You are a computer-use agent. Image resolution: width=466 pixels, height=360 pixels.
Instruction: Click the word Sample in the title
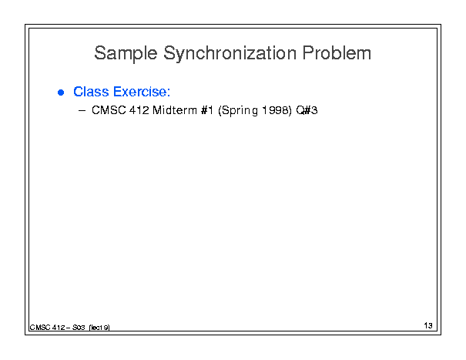126,53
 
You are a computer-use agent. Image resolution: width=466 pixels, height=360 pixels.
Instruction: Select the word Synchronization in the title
230,53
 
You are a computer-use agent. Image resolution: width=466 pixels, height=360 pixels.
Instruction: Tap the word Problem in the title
337,52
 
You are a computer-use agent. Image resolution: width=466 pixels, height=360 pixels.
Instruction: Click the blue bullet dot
61,93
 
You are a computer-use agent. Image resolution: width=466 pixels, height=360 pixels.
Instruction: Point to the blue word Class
91,92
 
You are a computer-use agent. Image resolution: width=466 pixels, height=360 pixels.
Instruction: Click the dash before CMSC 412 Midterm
82,111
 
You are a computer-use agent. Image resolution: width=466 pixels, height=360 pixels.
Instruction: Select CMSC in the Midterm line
109,110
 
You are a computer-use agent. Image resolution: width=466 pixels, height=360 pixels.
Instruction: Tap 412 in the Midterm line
139,110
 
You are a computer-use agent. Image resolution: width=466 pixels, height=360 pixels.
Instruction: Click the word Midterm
175,110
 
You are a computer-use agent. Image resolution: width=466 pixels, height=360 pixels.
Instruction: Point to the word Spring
238,111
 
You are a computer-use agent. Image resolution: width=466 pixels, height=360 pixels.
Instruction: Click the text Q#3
307,110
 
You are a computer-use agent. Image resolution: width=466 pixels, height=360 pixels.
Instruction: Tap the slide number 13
428,325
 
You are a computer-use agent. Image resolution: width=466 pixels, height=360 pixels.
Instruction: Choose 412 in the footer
59,328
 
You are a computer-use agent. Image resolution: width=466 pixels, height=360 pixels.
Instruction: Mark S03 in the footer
79,328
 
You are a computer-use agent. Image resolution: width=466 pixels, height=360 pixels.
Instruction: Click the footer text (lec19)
99,328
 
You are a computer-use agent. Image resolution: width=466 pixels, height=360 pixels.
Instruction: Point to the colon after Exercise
169,93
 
